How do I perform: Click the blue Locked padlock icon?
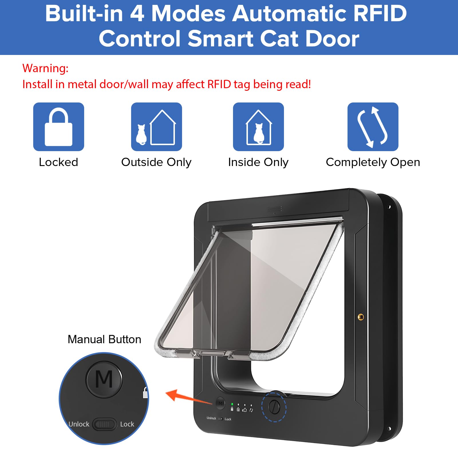coord(59,127)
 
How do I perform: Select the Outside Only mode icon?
coord(157,127)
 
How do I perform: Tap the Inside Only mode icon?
coord(258,127)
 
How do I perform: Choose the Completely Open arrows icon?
coord(373,127)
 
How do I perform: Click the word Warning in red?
coord(45,68)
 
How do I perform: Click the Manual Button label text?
coord(104,339)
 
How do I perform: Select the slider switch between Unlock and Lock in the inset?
coord(104,424)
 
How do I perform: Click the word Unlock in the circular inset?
coord(79,424)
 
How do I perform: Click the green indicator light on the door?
coord(232,404)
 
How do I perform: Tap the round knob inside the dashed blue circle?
coord(274,407)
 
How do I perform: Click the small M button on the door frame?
coord(220,403)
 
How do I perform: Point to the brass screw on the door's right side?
coord(361,317)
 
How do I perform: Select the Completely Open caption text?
coord(373,162)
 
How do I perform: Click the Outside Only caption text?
coord(156,162)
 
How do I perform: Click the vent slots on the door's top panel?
coord(275,210)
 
